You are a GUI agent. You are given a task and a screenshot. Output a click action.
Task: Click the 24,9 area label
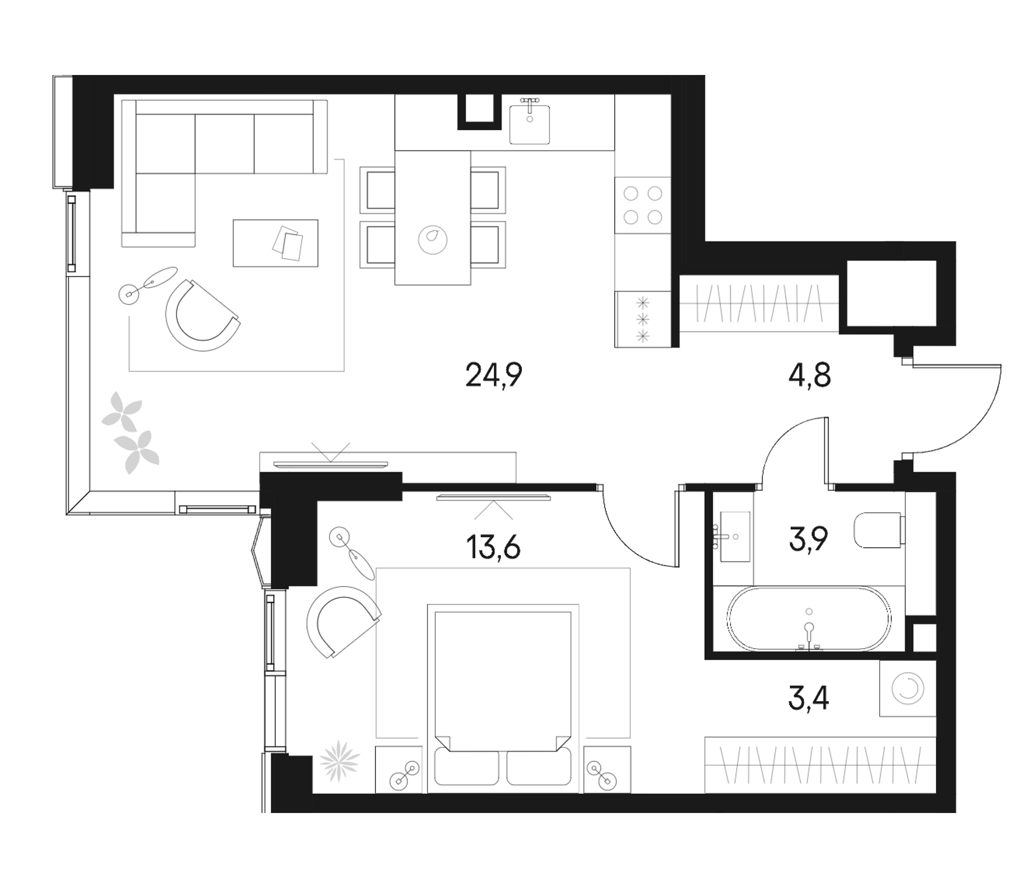coord(493,375)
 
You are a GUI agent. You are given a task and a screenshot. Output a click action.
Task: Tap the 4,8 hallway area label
coord(809,375)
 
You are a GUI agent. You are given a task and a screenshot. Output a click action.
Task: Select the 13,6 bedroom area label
coord(493,547)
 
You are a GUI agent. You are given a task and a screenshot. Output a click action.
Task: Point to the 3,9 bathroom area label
coord(809,539)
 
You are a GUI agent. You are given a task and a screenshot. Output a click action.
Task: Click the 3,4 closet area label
coord(809,699)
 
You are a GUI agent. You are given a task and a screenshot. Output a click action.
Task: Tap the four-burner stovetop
coord(642,205)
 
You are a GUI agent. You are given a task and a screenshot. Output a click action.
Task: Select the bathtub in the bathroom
coord(809,618)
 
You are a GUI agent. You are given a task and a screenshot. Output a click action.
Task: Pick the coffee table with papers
coord(275,243)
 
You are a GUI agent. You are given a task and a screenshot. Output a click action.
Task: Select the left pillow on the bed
coord(467,768)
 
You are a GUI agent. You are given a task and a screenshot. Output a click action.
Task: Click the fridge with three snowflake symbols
coord(642,319)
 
